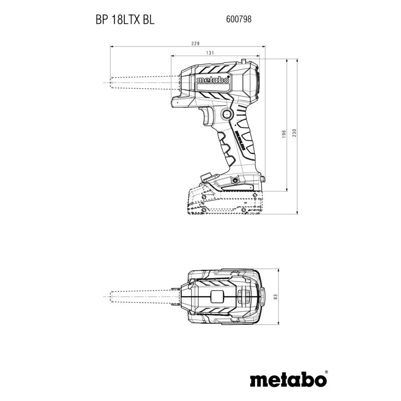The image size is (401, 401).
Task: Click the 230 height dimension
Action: point(295,134)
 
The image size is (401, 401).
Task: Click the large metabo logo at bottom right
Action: point(288,379)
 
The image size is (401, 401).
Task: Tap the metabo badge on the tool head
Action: point(213,80)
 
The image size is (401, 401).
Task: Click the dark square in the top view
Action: point(217,297)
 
